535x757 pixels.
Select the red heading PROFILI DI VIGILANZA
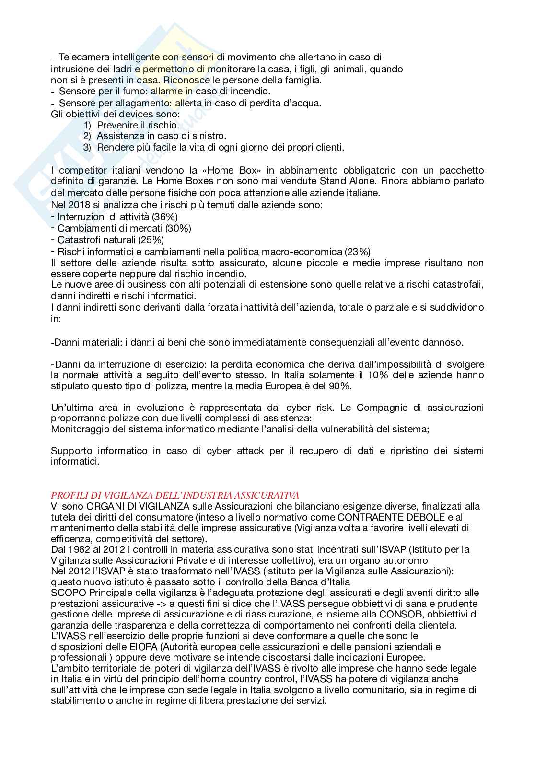point(175,495)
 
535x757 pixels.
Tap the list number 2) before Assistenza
point(87,136)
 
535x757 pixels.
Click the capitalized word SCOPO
point(65,593)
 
